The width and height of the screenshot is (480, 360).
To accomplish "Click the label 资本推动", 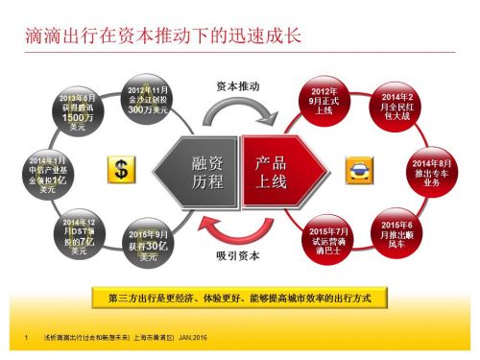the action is click(x=233, y=85).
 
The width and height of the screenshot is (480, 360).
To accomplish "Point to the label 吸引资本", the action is click(x=234, y=256).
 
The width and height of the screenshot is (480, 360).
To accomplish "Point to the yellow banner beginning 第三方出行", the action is click(x=240, y=299).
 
